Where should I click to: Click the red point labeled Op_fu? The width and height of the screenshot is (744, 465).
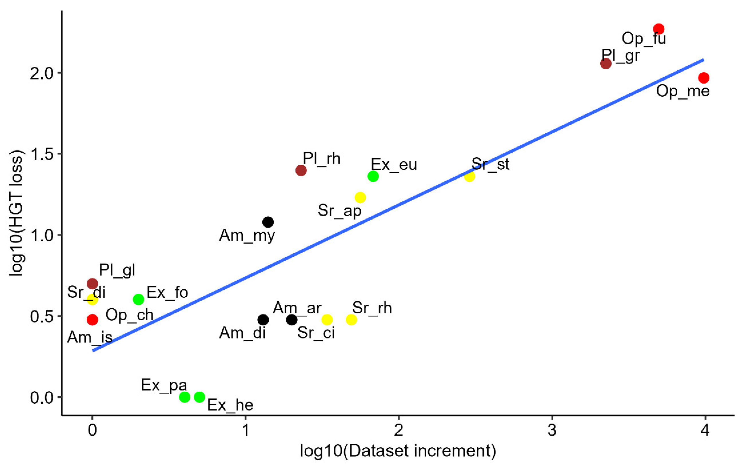[x=659, y=29]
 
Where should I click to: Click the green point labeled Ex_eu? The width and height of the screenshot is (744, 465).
[x=373, y=176]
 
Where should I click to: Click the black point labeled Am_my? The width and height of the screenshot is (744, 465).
[x=268, y=222]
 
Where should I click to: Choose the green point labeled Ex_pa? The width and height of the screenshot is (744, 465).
[x=184, y=397]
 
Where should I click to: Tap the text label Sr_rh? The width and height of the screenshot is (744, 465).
[x=372, y=308]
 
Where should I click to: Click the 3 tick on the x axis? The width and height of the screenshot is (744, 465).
[x=552, y=430]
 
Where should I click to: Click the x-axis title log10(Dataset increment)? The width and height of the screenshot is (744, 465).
[x=398, y=451]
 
